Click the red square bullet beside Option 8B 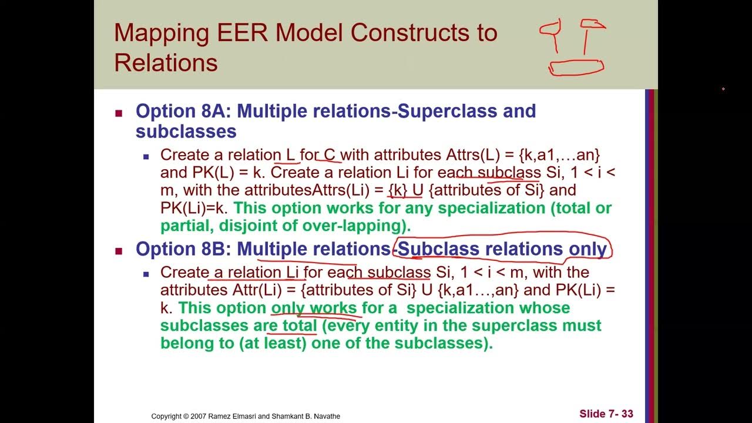pyautogui.click(x=119, y=251)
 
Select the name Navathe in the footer pyautogui.click(x=325, y=416)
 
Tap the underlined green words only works pyautogui.click(x=313, y=308)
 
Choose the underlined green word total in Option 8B pyautogui.click(x=300, y=325)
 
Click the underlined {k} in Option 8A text pyautogui.click(x=398, y=190)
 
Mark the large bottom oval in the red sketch pyautogui.click(x=576, y=68)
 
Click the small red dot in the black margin pyautogui.click(x=723, y=89)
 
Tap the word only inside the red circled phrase pyautogui.click(x=587, y=249)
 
